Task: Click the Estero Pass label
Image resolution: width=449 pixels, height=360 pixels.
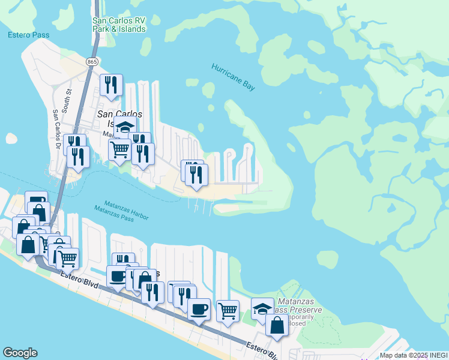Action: [x=28, y=35]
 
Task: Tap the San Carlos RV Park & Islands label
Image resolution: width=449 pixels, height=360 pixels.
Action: [x=119, y=25]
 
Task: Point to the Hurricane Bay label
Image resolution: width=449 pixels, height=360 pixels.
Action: [x=234, y=76]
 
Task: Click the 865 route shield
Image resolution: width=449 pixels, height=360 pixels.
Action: [x=92, y=61]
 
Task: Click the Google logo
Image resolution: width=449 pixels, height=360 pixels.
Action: [x=20, y=353]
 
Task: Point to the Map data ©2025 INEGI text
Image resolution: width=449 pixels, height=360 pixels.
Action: [x=414, y=355]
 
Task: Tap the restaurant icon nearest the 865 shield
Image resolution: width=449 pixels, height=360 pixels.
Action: [x=111, y=85]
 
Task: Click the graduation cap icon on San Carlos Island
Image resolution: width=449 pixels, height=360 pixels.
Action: [x=125, y=128]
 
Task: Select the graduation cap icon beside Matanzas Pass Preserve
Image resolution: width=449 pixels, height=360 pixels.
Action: [x=262, y=308]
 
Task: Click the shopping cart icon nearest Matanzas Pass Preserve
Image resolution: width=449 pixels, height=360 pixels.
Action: [x=228, y=311]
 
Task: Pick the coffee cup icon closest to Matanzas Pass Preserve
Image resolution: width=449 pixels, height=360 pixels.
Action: [x=199, y=309]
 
